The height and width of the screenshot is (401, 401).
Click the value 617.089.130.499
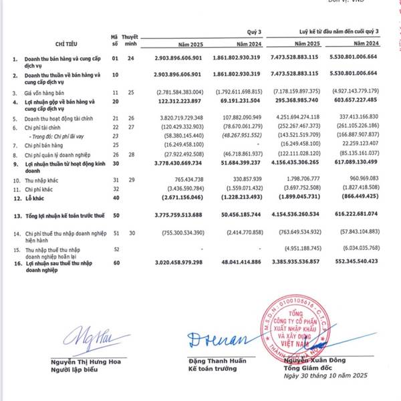(356, 163)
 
